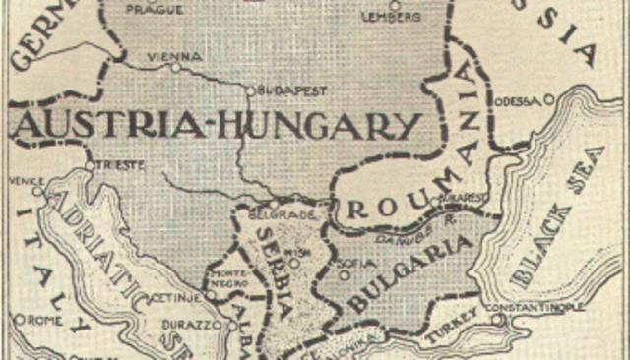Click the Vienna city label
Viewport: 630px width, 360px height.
175,56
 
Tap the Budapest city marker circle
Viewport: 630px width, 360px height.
251,90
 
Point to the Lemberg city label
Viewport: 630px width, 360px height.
392,17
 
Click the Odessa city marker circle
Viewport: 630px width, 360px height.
549,98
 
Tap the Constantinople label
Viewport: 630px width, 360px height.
536,307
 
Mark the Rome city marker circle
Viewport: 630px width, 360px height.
19,320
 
